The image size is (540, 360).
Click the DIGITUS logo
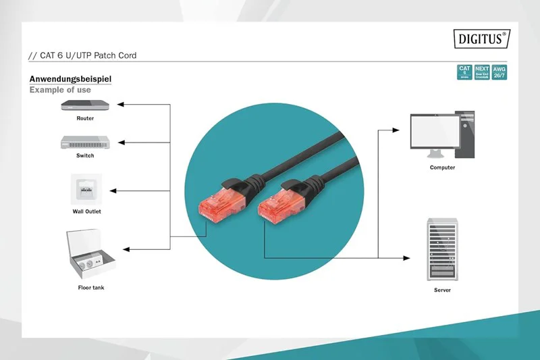click(481, 38)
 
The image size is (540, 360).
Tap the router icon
click(84, 105)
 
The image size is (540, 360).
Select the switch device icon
click(84, 142)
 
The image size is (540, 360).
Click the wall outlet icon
click(86, 188)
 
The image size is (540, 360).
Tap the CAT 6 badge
click(464, 72)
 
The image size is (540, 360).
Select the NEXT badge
click(482, 72)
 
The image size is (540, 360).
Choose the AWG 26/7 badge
click(499, 72)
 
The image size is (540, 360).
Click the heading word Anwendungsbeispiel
click(70, 79)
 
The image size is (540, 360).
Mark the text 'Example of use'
click(60, 90)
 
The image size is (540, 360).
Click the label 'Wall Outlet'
click(86, 211)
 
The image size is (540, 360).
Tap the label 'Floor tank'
click(91, 288)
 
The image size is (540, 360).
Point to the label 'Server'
click(442, 290)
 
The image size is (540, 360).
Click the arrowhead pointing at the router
click(121, 105)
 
